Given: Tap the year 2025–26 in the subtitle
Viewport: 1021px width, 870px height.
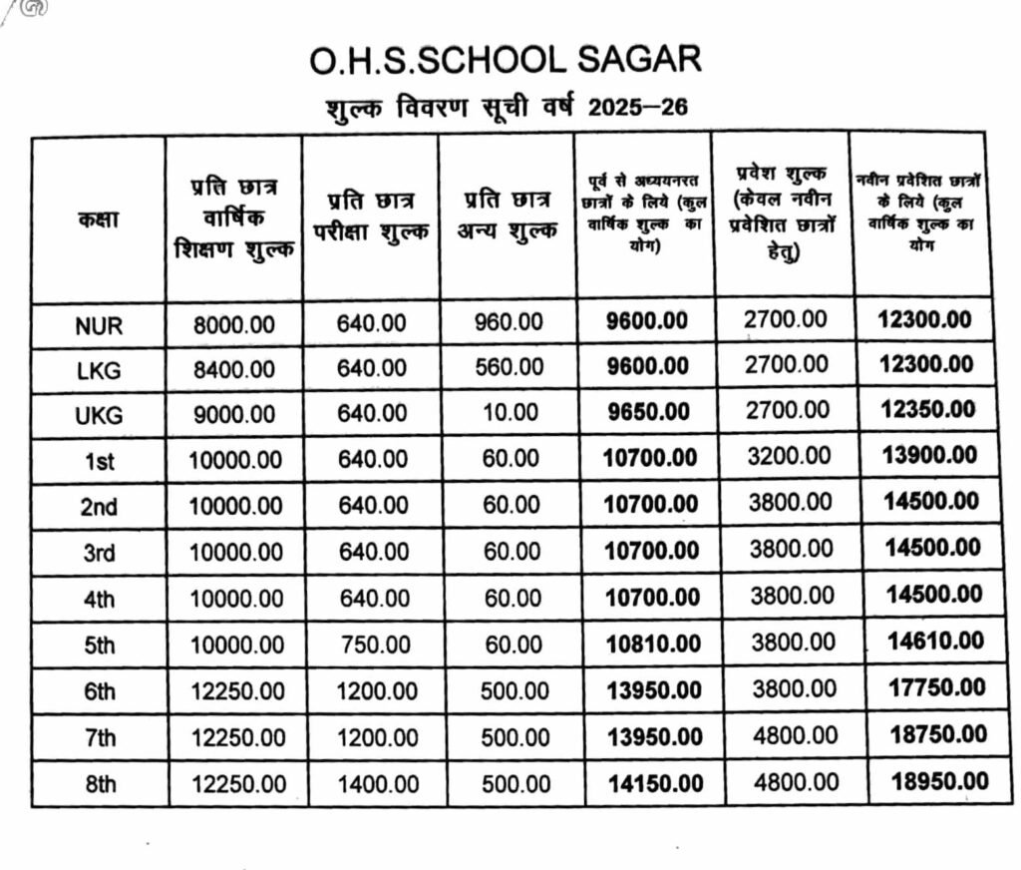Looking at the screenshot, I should coord(638,107).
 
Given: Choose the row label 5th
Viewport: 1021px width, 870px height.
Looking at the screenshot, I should coord(99,646).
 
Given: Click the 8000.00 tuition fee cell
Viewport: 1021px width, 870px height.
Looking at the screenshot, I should coord(234,324).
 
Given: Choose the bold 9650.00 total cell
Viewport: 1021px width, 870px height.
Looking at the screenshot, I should coord(647,412).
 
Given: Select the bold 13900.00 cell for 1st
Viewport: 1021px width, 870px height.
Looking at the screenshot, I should coord(930,455).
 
